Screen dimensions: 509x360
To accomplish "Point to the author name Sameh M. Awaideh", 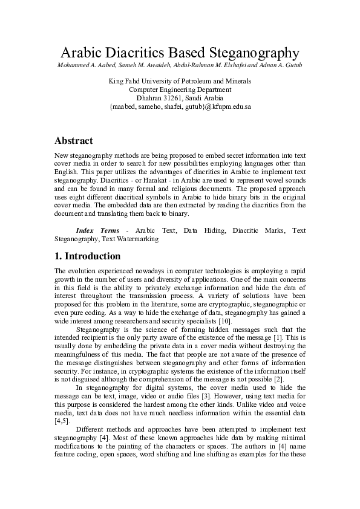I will (142, 65).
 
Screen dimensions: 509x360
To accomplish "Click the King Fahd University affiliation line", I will (180, 80).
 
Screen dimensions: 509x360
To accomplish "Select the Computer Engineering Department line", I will (180, 89).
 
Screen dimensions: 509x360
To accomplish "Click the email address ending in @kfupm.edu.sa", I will (180, 106).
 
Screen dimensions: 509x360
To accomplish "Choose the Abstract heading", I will (74, 141).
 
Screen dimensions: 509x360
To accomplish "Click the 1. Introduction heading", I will (88, 256).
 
